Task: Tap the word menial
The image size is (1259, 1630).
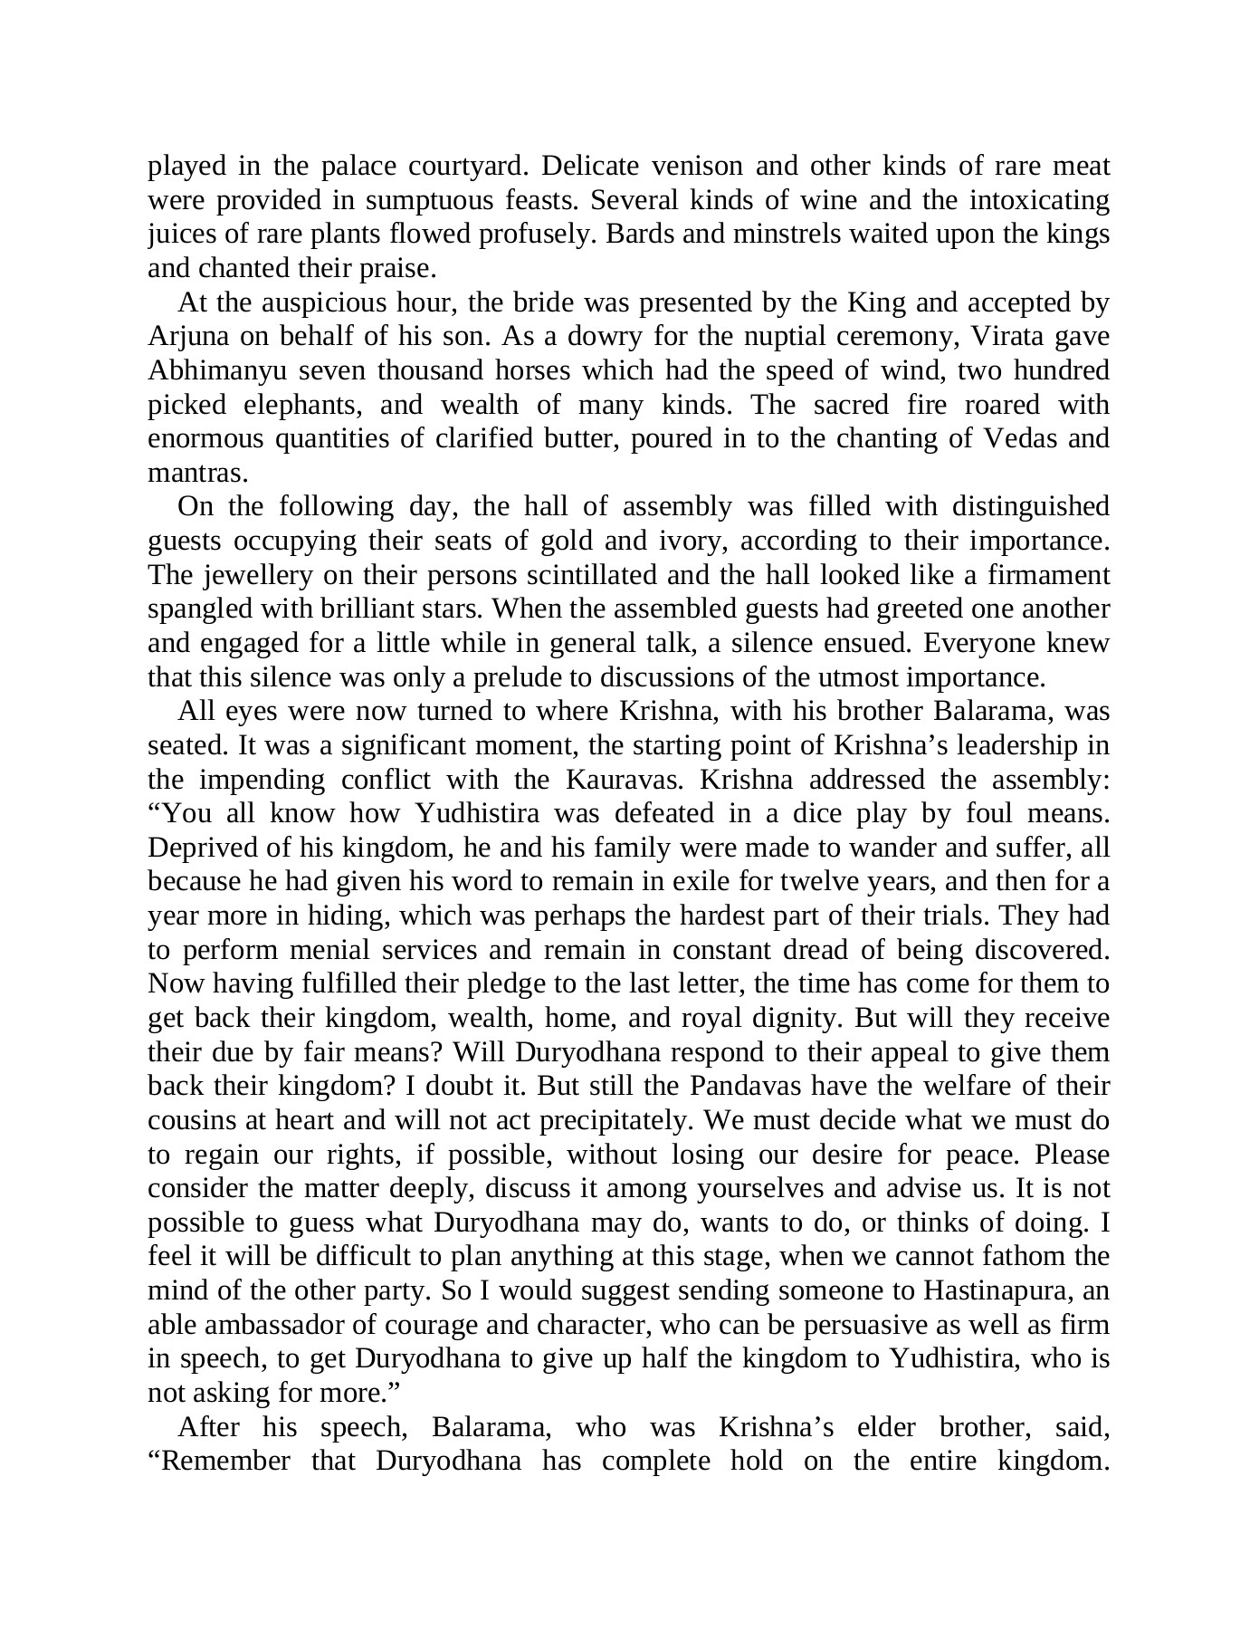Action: [x=293, y=950]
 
